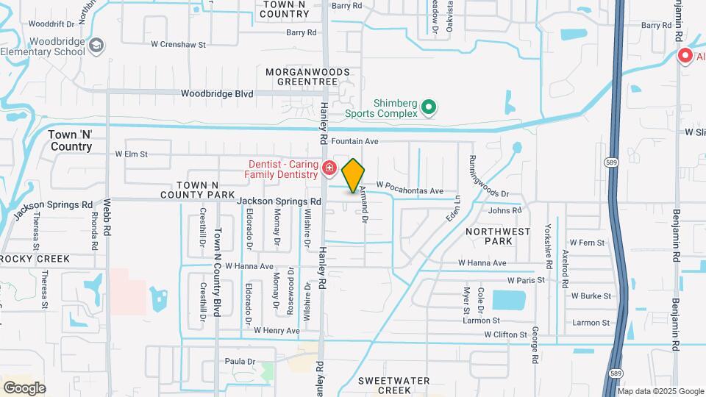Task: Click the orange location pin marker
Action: click(x=353, y=175)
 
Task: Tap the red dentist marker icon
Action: click(x=329, y=169)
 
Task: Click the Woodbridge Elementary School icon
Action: click(x=96, y=47)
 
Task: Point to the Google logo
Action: click(x=24, y=387)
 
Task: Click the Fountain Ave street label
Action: click(x=354, y=140)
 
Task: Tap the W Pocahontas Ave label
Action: click(x=410, y=190)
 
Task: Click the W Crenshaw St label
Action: click(x=179, y=45)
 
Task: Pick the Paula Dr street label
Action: click(x=240, y=362)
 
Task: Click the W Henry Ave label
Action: click(x=277, y=331)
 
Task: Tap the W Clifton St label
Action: click(x=505, y=335)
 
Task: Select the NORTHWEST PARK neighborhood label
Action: click(x=498, y=236)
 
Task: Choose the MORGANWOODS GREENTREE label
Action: click(x=302, y=76)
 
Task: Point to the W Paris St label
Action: click(x=525, y=280)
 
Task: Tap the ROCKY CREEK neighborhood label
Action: click(x=35, y=259)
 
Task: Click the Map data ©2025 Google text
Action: click(x=659, y=391)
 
